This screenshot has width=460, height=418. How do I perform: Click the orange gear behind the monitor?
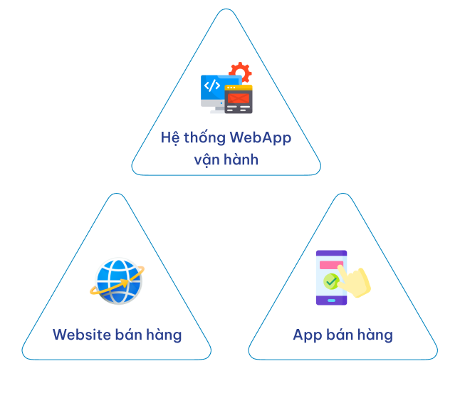point(241,73)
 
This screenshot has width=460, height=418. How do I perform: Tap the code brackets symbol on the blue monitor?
point(212,86)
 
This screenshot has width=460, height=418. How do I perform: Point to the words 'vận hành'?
point(226,159)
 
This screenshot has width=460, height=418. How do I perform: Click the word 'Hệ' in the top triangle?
point(169,137)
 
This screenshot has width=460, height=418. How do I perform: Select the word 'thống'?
point(206,137)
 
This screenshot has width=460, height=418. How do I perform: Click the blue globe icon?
point(117,281)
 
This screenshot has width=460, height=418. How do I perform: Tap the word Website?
point(81,335)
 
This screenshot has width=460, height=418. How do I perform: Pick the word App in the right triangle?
point(307,335)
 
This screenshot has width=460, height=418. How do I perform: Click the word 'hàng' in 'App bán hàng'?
point(375,335)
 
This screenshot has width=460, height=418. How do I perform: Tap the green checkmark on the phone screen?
point(331,281)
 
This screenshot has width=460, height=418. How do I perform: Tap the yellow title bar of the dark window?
point(238,88)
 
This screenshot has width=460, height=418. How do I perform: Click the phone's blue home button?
point(331,300)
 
